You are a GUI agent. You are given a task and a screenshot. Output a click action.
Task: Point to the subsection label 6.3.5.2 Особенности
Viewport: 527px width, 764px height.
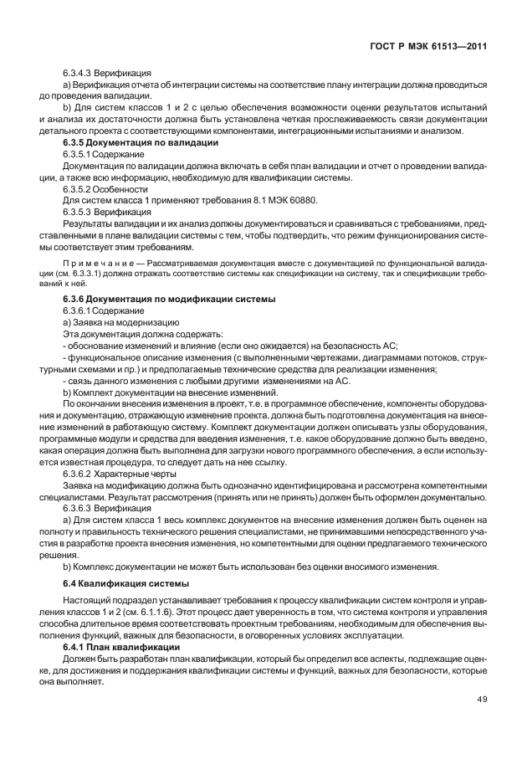105,190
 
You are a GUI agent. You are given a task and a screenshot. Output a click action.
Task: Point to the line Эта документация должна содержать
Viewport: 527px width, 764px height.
132,334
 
